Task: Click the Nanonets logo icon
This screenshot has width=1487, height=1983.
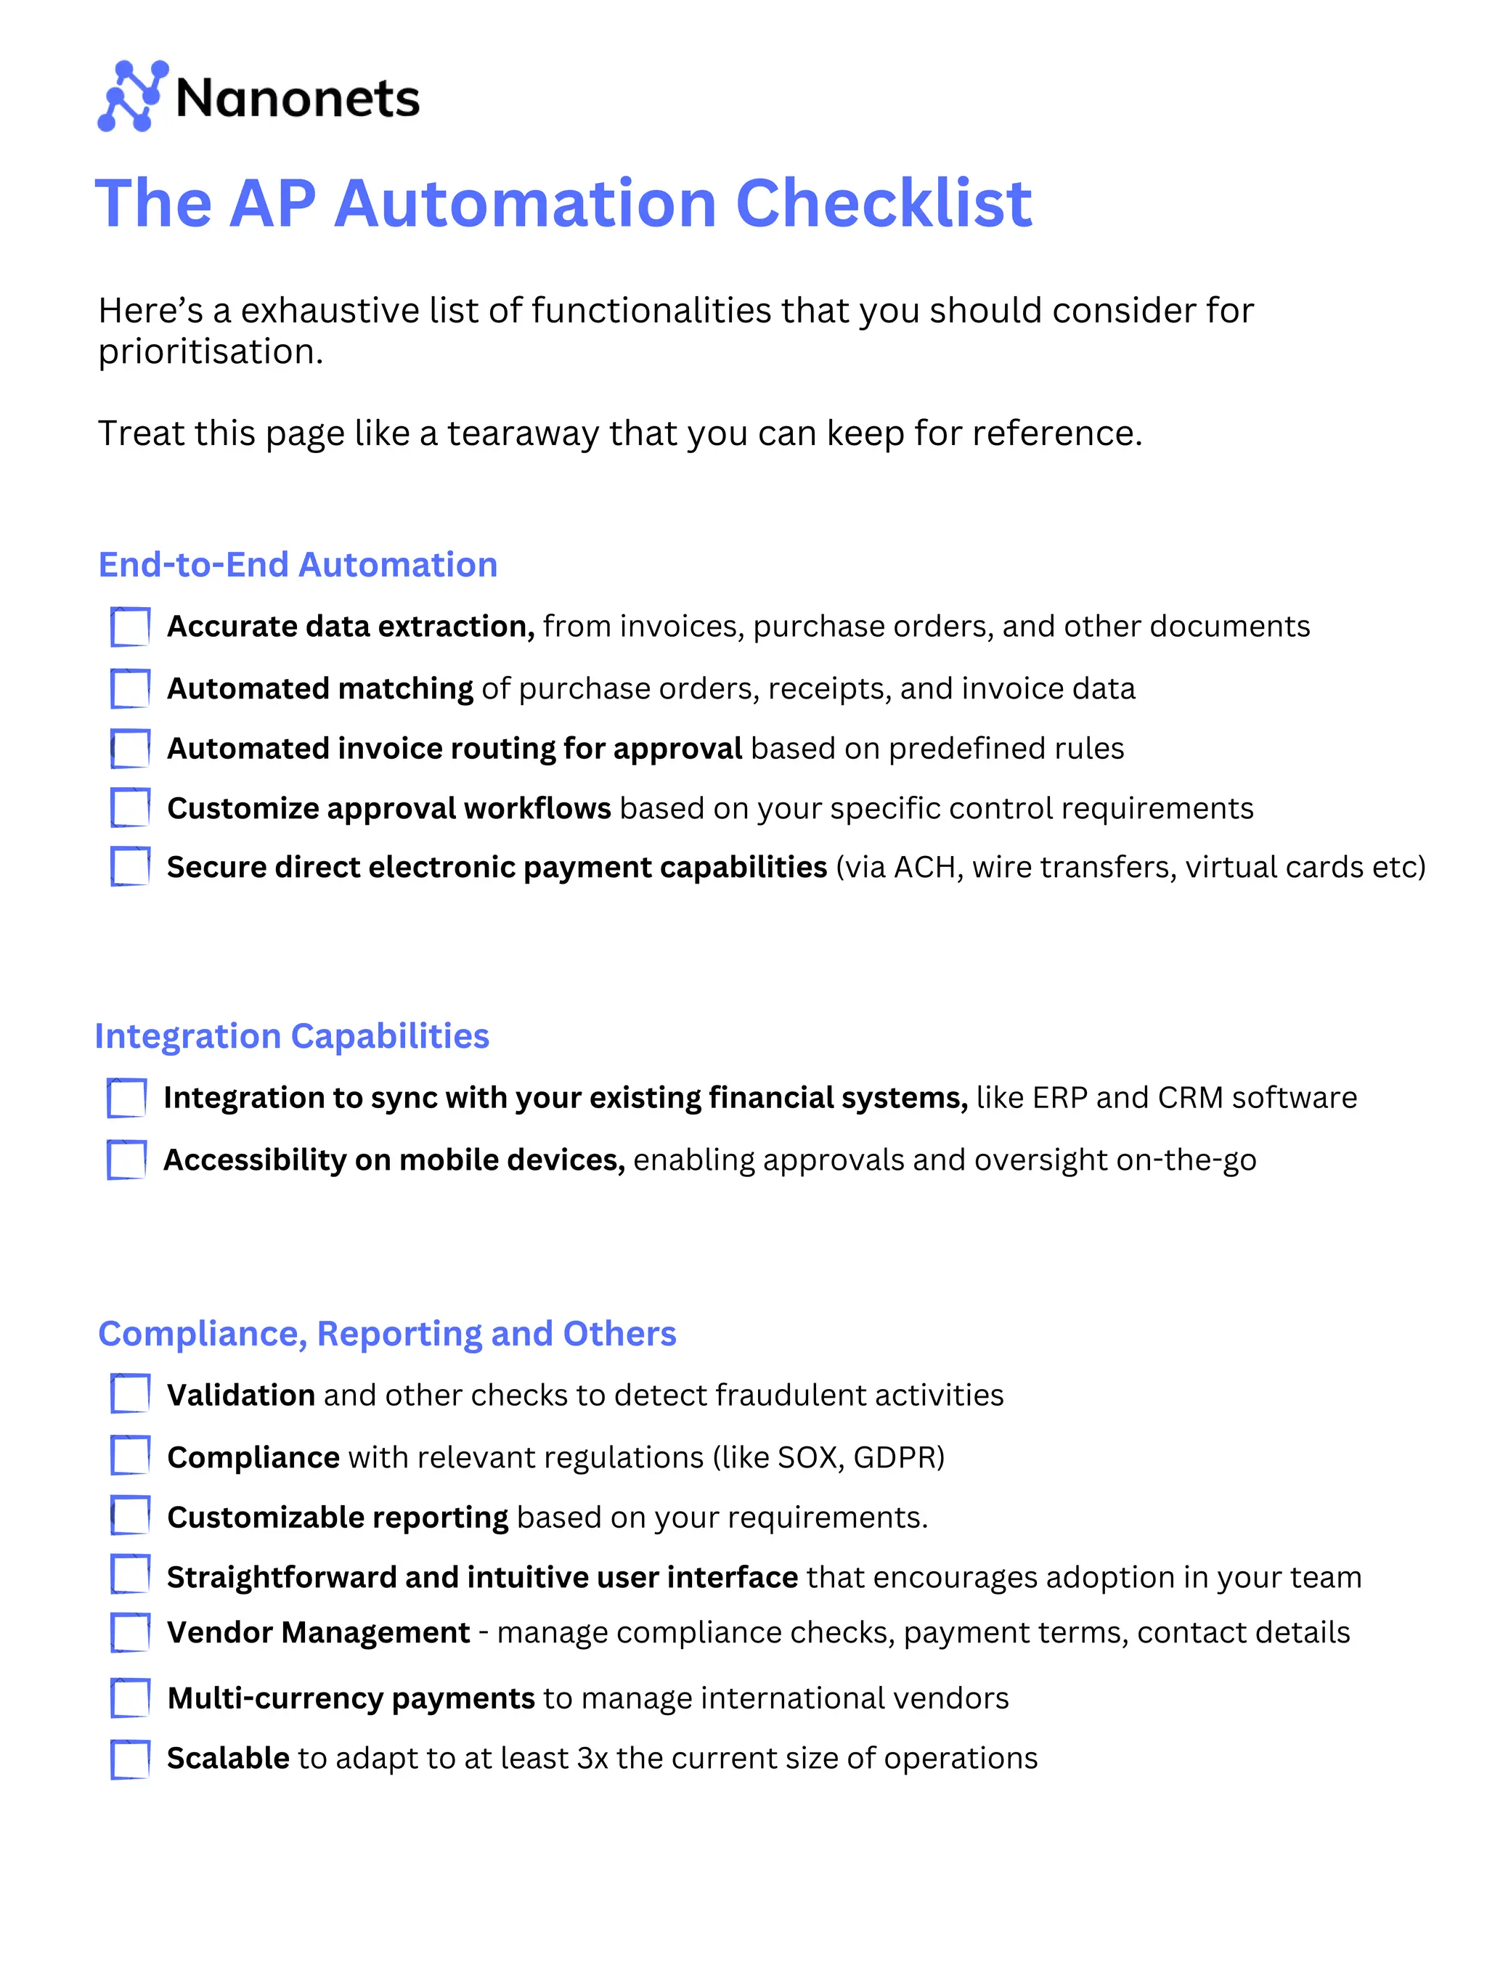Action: pyautogui.click(x=131, y=96)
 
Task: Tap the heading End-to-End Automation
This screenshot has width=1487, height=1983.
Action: pyautogui.click(x=298, y=565)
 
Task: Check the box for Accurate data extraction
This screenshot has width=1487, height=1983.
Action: pyautogui.click(x=130, y=627)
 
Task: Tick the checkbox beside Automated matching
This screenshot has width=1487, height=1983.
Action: pyautogui.click(x=130, y=688)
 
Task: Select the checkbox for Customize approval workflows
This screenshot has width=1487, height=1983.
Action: pyautogui.click(x=130, y=807)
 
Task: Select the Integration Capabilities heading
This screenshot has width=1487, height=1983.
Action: pyautogui.click(x=292, y=1036)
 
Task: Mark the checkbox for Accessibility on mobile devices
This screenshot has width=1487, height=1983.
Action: pyautogui.click(x=126, y=1160)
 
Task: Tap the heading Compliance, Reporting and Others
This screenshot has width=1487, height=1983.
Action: pyautogui.click(x=386, y=1334)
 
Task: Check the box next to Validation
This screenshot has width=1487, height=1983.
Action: pyautogui.click(x=130, y=1394)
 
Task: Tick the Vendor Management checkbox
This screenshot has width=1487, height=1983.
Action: pyautogui.click(x=130, y=1632)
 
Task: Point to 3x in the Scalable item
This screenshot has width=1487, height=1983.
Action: pyautogui.click(x=592, y=1758)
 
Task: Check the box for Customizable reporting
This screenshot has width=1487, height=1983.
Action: pyautogui.click(x=130, y=1516)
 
